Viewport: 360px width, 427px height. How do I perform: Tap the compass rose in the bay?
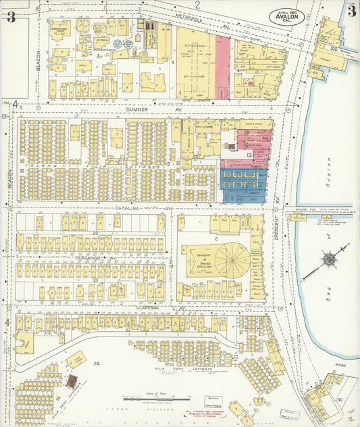326,259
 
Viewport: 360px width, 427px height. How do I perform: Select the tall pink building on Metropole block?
223,68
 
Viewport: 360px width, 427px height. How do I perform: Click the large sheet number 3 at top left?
11,17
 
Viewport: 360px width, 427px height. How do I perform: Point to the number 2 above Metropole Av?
198,4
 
